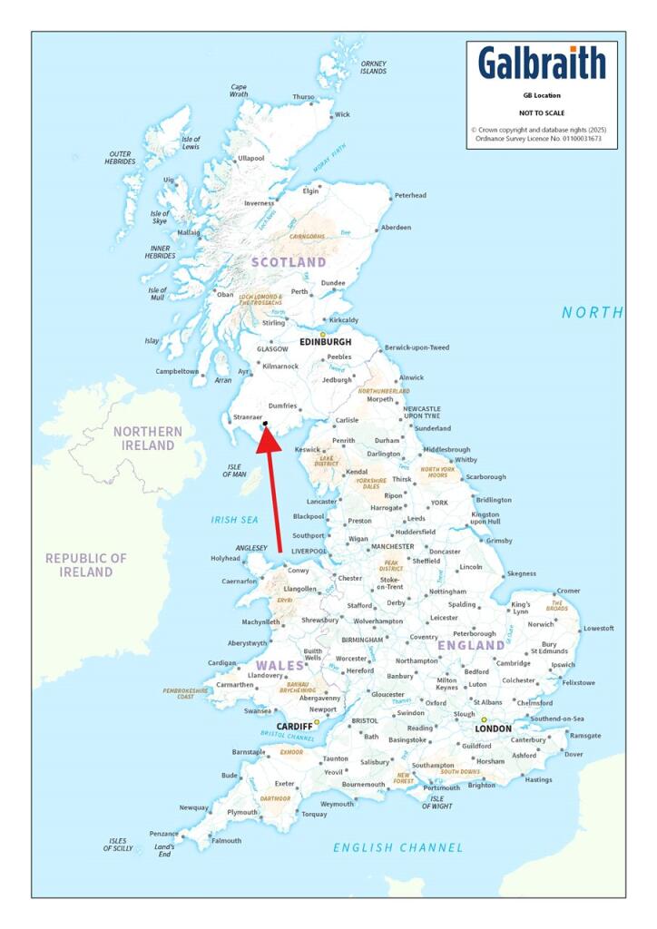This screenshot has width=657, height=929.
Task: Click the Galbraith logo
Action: [542, 64]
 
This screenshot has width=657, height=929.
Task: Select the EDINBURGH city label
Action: [325, 342]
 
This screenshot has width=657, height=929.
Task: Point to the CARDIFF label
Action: [294, 727]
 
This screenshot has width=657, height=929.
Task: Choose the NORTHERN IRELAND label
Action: [148, 438]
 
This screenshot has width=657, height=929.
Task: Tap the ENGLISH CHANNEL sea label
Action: [397, 847]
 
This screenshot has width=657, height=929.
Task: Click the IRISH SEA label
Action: [235, 520]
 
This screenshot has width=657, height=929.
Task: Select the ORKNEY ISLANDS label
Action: [373, 68]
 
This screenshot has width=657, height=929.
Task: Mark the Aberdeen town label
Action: [396, 228]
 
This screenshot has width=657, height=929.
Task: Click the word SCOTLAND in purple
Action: [289, 262]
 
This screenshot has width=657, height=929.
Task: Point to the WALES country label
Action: [279, 666]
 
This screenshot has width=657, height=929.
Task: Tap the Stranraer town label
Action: [248, 418]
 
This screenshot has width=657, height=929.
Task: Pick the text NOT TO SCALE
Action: [541, 112]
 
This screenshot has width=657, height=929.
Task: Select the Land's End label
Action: [164, 850]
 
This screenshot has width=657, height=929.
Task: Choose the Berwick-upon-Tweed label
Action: [417, 348]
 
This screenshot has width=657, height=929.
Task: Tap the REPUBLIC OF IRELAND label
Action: [86, 564]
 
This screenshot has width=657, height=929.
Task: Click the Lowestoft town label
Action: [598, 628]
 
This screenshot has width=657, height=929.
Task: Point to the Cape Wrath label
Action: [239, 90]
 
